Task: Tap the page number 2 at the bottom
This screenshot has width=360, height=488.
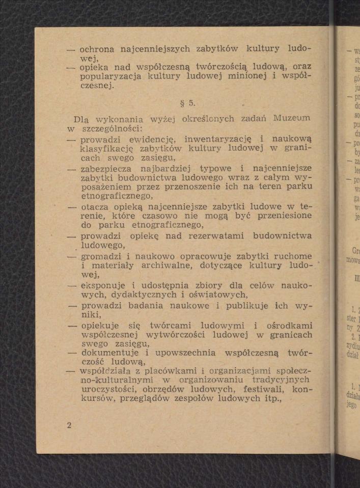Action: (69, 425)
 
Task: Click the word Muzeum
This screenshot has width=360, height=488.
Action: (292, 119)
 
